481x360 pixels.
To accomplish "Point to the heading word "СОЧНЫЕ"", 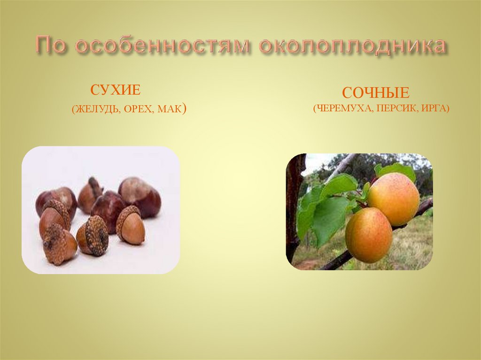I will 375,92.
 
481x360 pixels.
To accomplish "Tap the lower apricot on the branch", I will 369,235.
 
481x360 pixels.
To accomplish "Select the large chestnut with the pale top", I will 140,196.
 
